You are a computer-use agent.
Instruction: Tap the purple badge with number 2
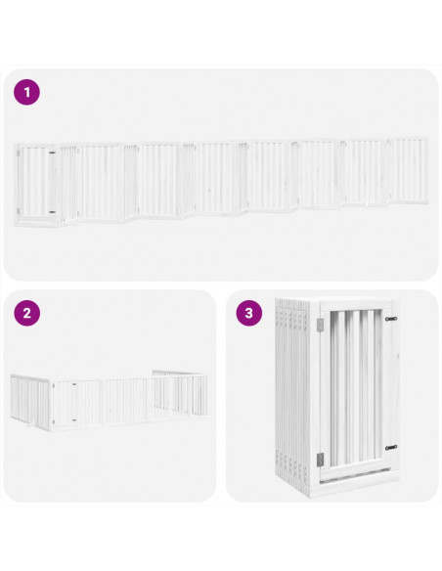(x=26, y=314)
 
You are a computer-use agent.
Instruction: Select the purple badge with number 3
(x=248, y=314)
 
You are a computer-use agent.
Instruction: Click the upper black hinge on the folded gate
(x=390, y=319)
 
